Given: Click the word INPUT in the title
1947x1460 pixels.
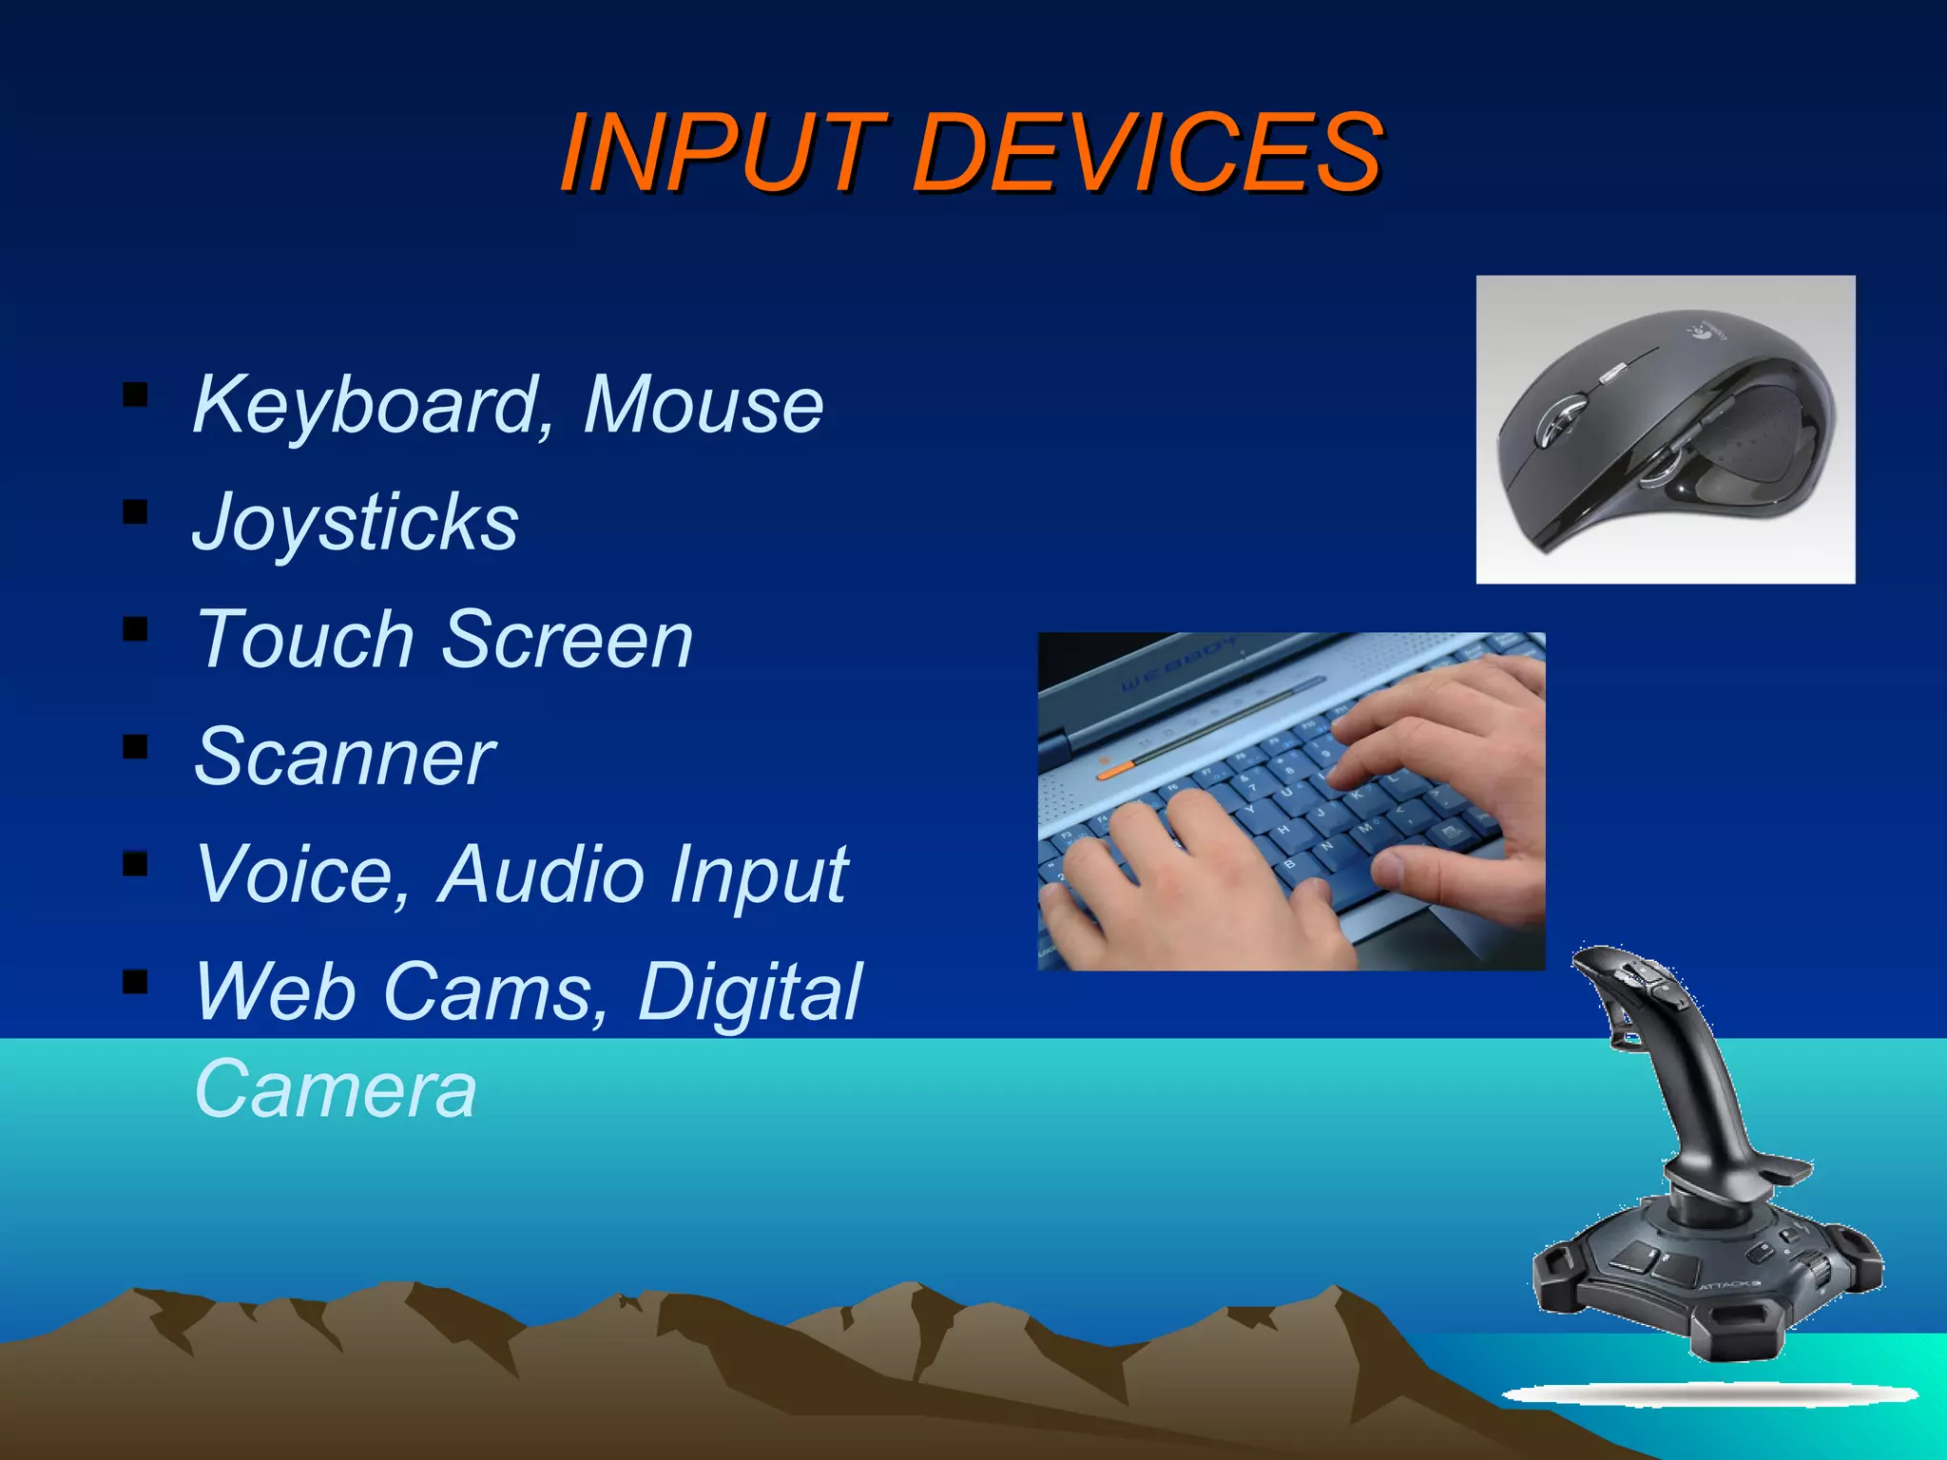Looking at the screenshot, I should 723,152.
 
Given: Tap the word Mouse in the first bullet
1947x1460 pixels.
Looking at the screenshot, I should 704,405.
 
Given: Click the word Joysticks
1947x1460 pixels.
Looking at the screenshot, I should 356,522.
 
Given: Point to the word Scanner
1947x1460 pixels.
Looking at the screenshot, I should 344,757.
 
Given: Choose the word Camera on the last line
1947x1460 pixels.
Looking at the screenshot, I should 335,1089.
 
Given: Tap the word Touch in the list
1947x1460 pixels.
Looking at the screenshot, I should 304,639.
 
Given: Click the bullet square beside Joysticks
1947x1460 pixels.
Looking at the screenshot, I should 135,512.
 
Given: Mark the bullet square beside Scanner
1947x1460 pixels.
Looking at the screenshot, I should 135,747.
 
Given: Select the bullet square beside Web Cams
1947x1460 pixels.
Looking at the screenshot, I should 135,981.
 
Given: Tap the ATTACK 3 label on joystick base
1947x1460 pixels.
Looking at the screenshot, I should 1729,1285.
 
